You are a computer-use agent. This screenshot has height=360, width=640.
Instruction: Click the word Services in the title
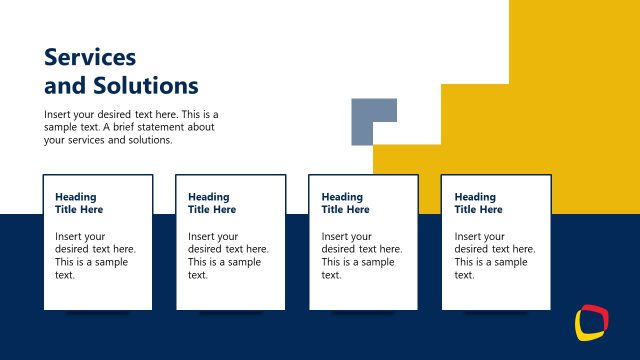[x=90, y=56]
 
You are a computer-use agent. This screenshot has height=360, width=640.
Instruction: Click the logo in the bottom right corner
[x=591, y=322]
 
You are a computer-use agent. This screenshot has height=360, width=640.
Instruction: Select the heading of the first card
[x=79, y=203]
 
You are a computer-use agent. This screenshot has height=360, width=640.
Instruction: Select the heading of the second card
[x=212, y=203]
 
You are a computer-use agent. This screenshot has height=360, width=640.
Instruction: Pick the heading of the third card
[x=345, y=203]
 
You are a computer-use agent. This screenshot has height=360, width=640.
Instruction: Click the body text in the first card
[x=95, y=255]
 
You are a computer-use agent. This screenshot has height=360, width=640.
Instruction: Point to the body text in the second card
[x=228, y=255]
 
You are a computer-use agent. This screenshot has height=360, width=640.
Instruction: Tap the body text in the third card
[x=361, y=255]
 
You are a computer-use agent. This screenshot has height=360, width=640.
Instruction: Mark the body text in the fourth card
[x=494, y=255]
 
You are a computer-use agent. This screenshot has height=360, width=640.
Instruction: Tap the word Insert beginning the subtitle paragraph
[x=58, y=114]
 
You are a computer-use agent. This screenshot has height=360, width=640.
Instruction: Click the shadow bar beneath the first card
[x=98, y=313]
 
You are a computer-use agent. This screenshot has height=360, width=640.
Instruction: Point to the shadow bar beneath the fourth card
[x=496, y=313]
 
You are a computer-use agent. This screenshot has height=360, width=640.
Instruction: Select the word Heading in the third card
[x=342, y=197]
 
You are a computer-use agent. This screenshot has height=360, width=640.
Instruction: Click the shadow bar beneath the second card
[x=231, y=313]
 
